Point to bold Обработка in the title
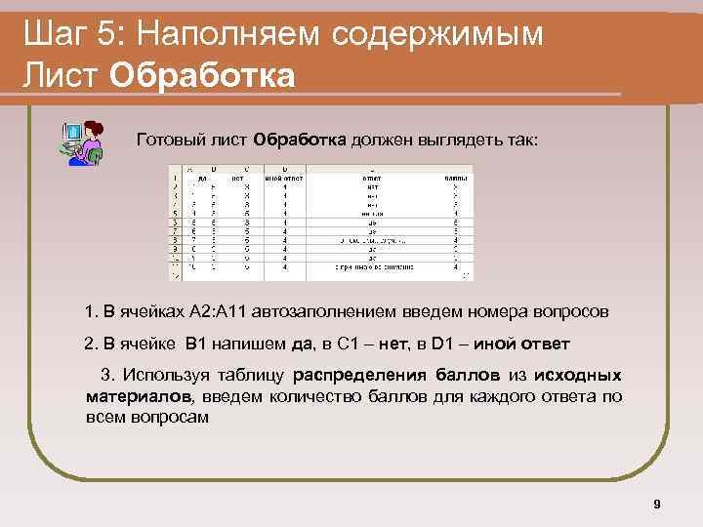pyautogui.click(x=202, y=75)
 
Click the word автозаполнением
pyautogui.click(x=318, y=312)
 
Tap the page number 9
pyautogui.click(x=656, y=505)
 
